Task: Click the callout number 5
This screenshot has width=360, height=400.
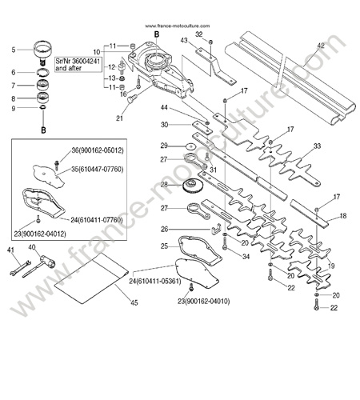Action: point(14,50)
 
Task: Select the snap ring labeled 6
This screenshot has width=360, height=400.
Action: point(42,72)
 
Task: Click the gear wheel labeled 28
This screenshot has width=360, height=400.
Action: point(191,186)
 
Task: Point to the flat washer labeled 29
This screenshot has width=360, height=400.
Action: point(190,146)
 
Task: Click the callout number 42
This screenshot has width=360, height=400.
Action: point(321,46)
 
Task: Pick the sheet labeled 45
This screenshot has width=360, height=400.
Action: point(91,278)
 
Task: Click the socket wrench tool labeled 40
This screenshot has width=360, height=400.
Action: point(39,266)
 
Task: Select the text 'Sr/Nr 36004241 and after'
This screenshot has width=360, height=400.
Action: point(78,65)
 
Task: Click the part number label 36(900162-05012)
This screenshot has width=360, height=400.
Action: point(98,150)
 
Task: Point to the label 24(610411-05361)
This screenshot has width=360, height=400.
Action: point(155,281)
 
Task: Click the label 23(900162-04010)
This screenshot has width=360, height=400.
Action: point(203,302)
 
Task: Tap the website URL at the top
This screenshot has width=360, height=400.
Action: point(178,26)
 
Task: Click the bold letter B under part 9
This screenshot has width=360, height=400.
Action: point(43,130)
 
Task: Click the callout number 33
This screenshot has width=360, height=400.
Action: point(317,146)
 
